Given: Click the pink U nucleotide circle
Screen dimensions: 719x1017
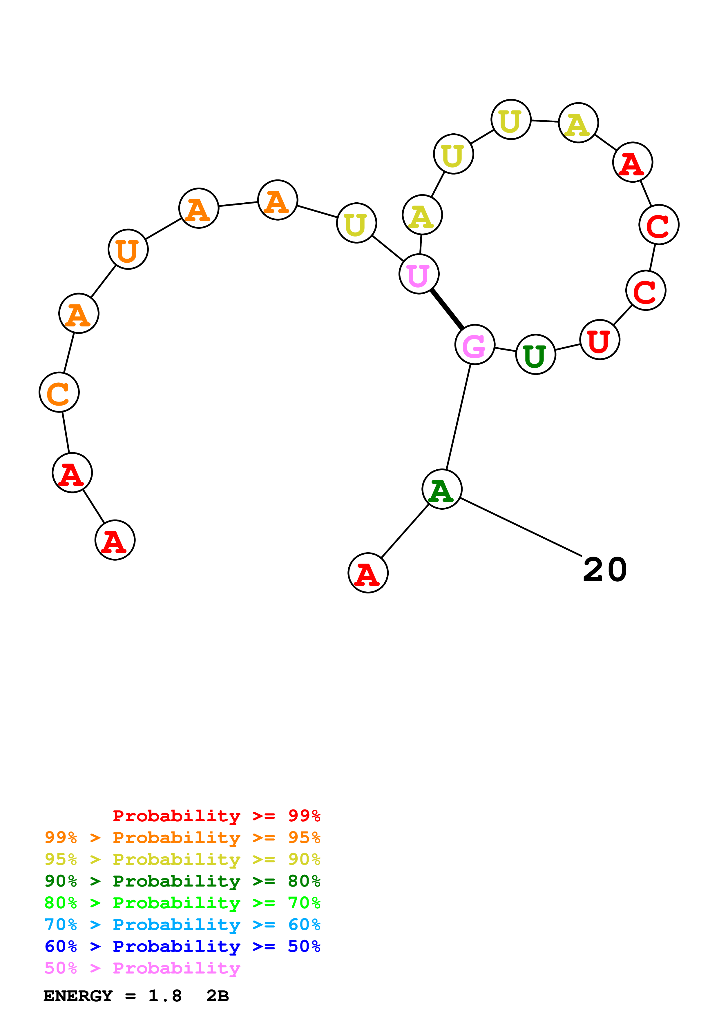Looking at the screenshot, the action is (419, 274).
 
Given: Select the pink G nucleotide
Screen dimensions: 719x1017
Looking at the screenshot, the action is (474, 345).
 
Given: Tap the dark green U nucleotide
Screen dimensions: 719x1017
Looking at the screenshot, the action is (536, 354).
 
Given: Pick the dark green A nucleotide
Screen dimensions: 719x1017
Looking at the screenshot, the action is (442, 489).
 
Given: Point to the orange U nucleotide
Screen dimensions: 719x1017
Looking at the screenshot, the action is (128, 249).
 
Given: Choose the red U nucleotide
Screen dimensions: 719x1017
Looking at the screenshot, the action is (600, 340).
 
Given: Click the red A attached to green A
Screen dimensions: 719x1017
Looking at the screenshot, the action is (368, 573).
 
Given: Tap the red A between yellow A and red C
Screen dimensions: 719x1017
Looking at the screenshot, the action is (632, 162).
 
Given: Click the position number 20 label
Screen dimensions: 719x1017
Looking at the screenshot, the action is (605, 570).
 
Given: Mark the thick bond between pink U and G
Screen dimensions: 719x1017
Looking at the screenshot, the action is (447, 309).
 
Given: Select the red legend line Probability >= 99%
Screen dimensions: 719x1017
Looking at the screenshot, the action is (216, 816).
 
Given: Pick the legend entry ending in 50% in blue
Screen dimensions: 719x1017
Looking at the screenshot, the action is (182, 946).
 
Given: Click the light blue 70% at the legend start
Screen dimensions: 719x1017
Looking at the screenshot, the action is (61, 925).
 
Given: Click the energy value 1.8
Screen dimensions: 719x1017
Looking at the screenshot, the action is (165, 996).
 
